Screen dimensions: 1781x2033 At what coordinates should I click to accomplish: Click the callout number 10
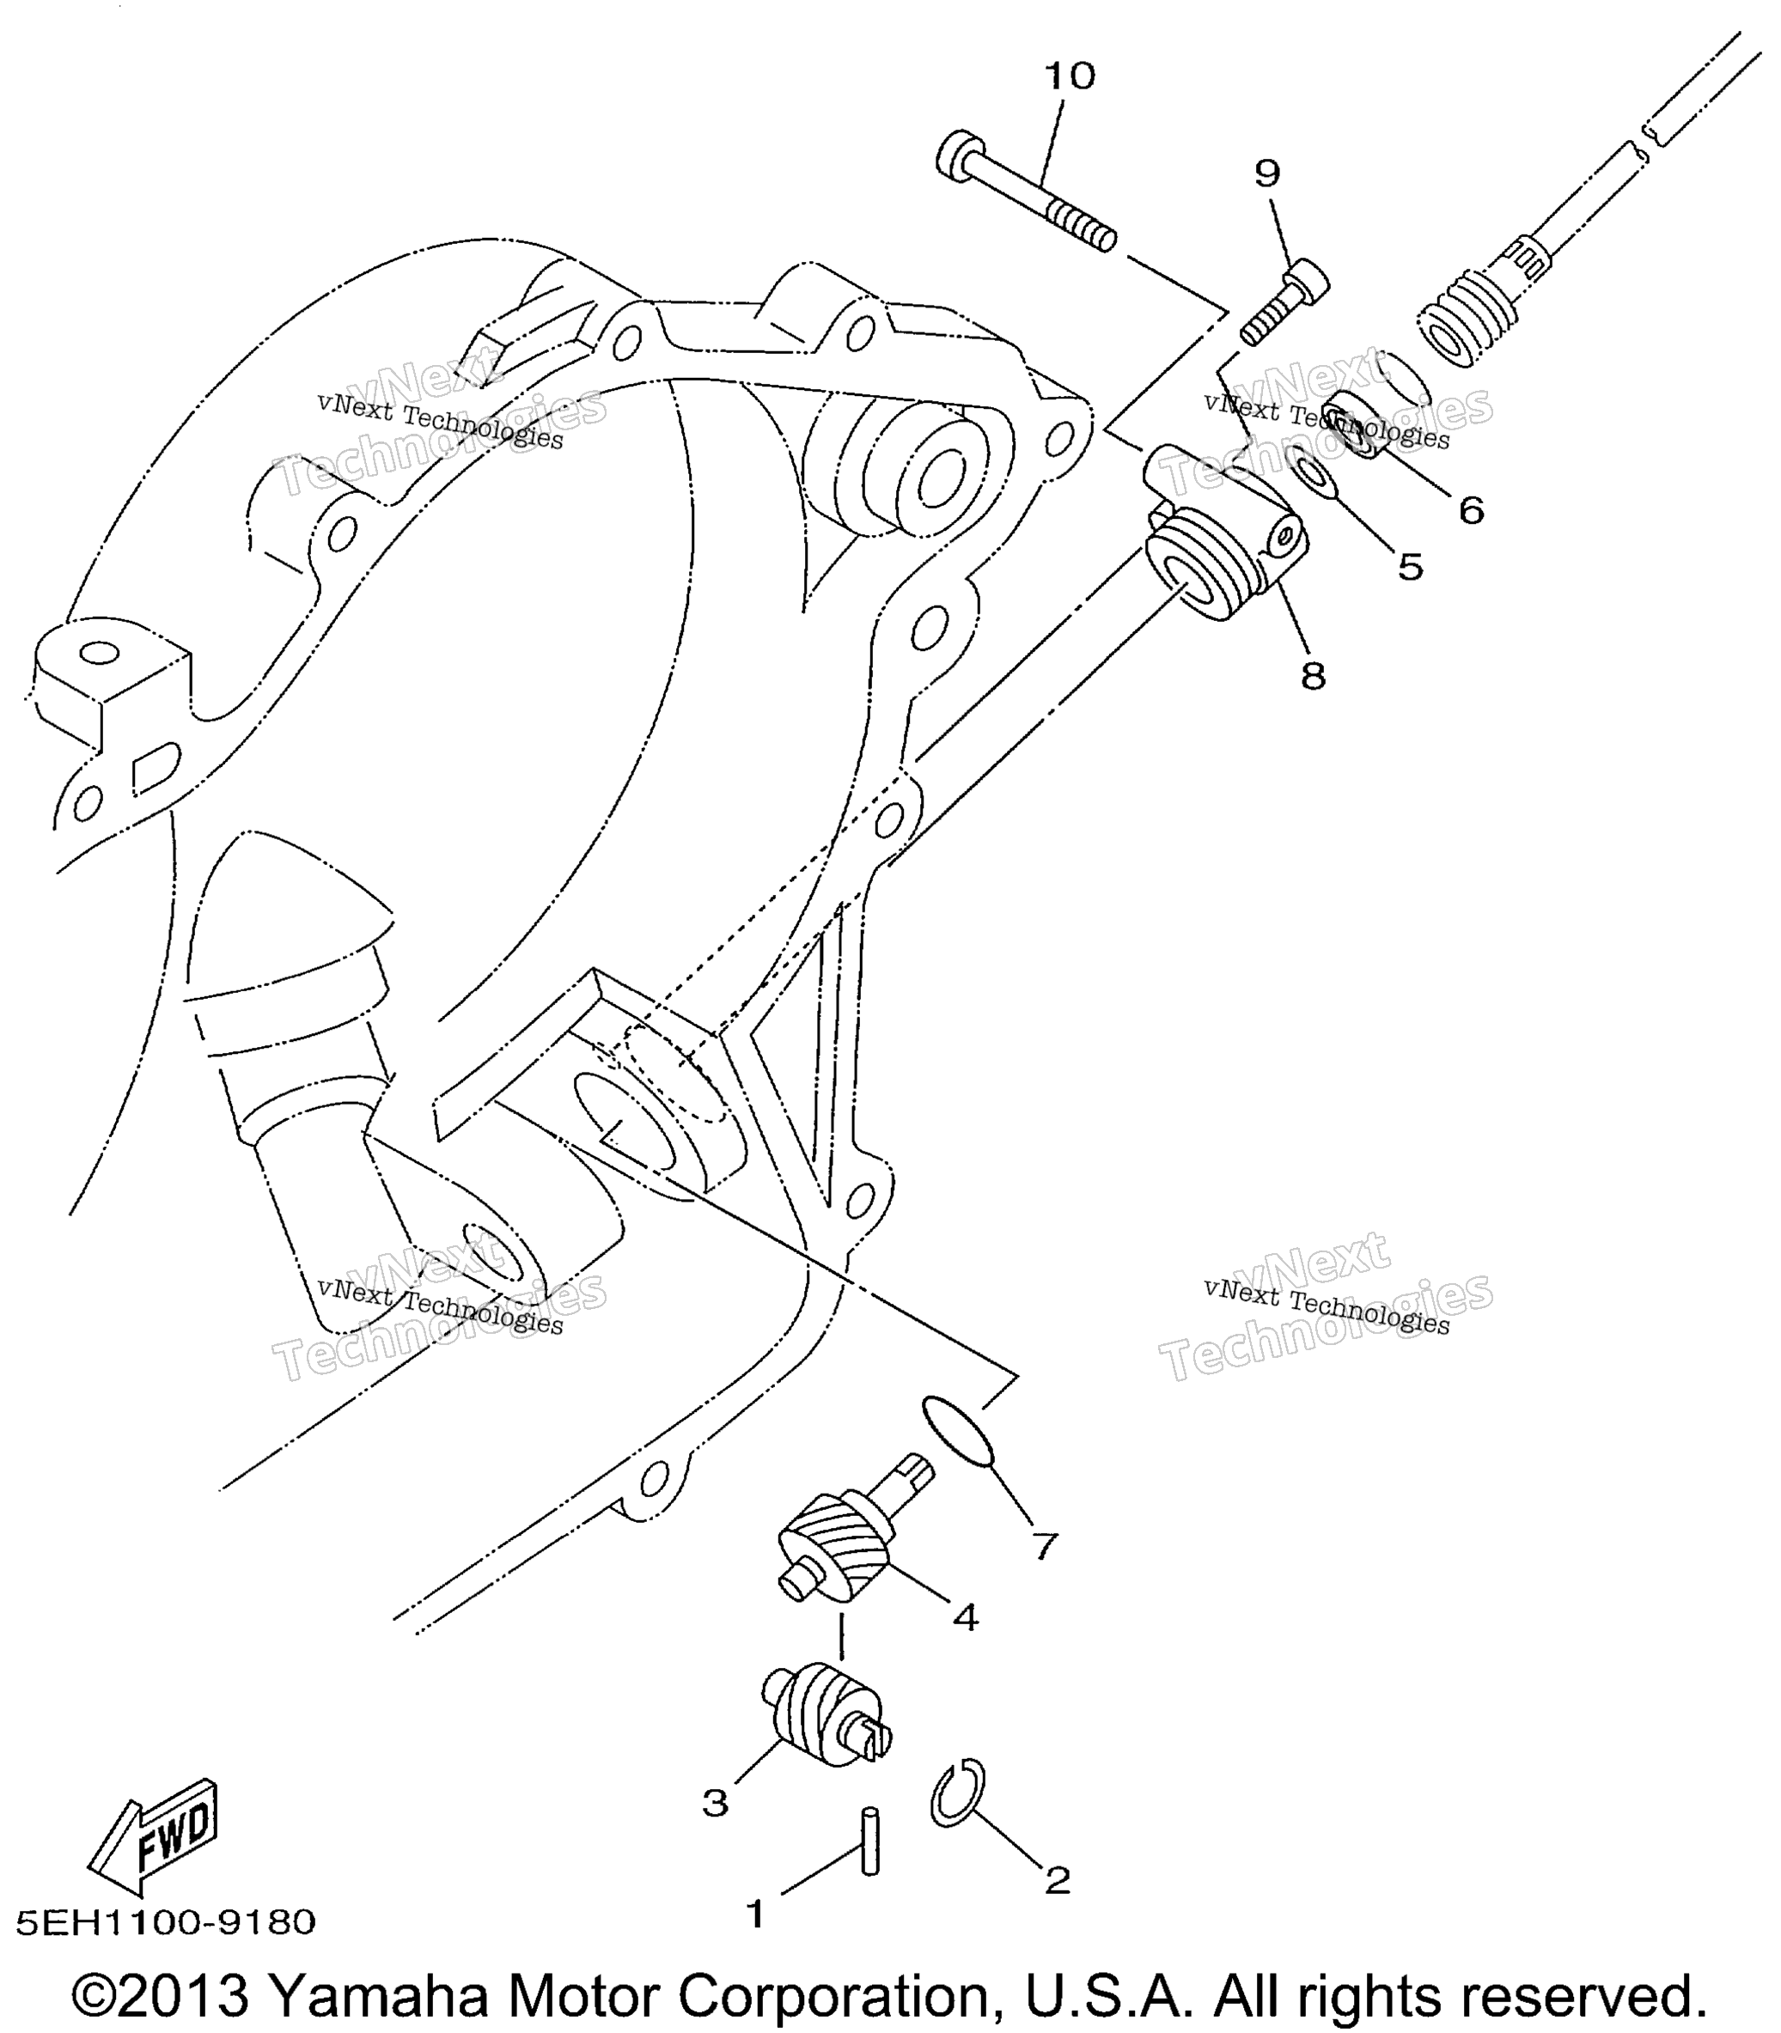point(1070,76)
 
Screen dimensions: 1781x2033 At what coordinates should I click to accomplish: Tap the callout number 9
point(1267,173)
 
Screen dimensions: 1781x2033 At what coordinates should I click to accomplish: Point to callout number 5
point(1411,566)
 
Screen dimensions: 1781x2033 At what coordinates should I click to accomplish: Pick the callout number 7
point(1044,1545)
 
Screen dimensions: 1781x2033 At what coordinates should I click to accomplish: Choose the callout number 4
point(965,1617)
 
